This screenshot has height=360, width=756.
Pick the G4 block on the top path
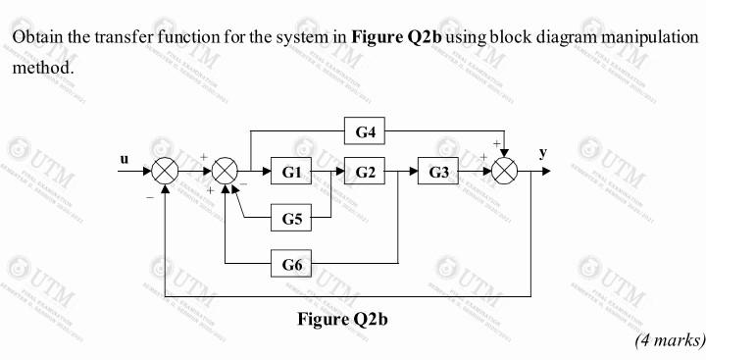pyautogui.click(x=366, y=129)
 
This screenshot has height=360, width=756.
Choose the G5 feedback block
pyautogui.click(x=290, y=218)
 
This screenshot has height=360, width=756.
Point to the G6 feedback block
pyautogui.click(x=290, y=264)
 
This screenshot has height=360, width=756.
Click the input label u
pyautogui.click(x=124, y=156)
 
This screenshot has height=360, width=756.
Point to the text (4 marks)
pyautogui.click(x=670, y=339)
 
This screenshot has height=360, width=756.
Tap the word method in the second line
pyautogui.click(x=41, y=69)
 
